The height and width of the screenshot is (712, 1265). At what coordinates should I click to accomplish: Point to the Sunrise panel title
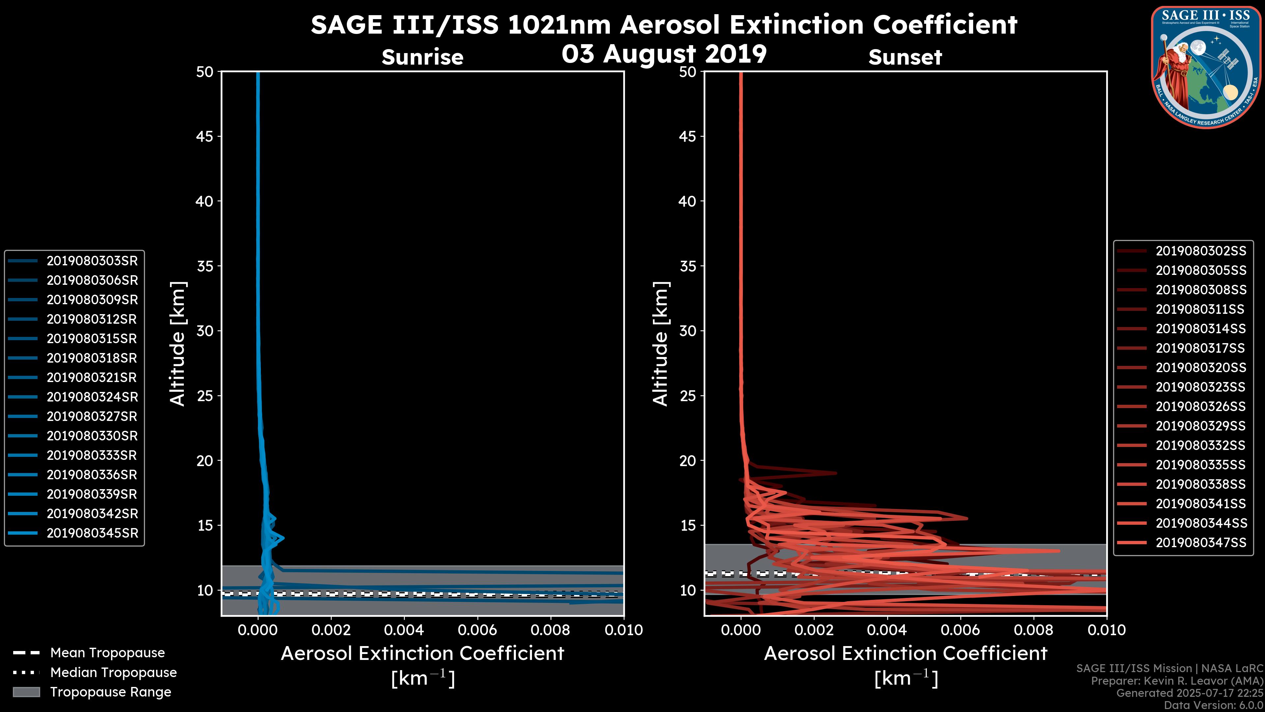[422, 57]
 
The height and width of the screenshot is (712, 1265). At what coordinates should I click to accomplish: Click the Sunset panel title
[905, 57]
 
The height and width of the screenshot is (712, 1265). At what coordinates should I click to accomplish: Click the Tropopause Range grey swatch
[26, 692]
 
